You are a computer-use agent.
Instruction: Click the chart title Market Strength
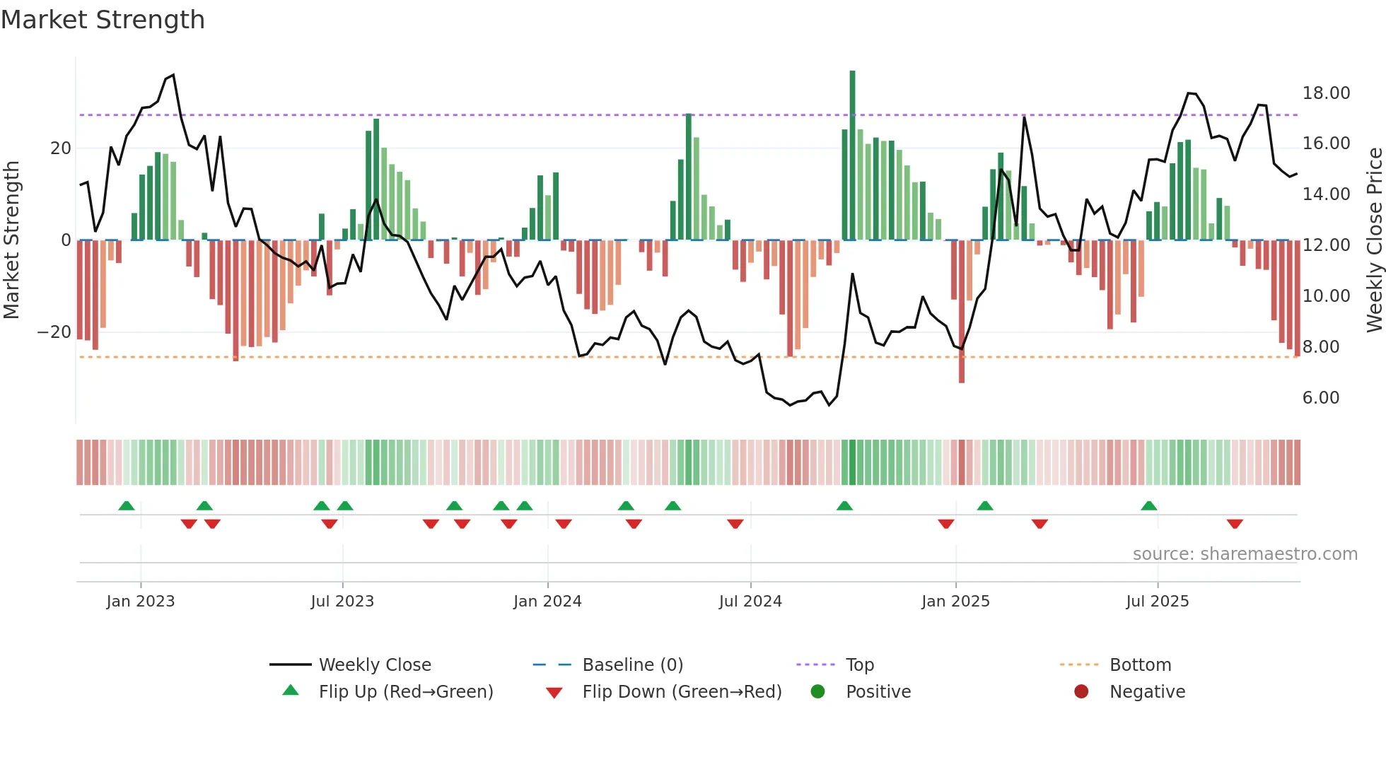pyautogui.click(x=103, y=20)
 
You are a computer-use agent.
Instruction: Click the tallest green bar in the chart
pyautogui.click(x=852, y=156)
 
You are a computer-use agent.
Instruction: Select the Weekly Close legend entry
pyautogui.click(x=374, y=664)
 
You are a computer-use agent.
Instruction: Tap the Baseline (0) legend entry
pyautogui.click(x=632, y=664)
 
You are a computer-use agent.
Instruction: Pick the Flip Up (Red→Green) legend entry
pyautogui.click(x=405, y=691)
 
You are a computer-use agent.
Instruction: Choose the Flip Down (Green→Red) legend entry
pyautogui.click(x=682, y=691)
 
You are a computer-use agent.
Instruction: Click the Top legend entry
pyautogui.click(x=859, y=664)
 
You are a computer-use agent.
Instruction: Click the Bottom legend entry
pyautogui.click(x=1140, y=664)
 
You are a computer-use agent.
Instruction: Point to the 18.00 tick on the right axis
pyautogui.click(x=1326, y=93)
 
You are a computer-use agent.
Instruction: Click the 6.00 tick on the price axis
pyautogui.click(x=1320, y=397)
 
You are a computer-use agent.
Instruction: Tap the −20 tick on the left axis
pyautogui.click(x=54, y=332)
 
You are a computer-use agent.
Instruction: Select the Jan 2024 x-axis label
pyautogui.click(x=547, y=601)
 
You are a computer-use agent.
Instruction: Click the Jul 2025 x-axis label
pyautogui.click(x=1157, y=601)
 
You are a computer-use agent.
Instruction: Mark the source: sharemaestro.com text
pyautogui.click(x=1245, y=553)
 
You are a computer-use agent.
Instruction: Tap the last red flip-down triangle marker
pyautogui.click(x=1235, y=524)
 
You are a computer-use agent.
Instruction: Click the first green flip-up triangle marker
pyautogui.click(x=126, y=505)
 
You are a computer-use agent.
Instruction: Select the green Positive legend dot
pyautogui.click(x=817, y=691)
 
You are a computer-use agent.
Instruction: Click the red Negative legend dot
pyautogui.click(x=1081, y=691)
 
